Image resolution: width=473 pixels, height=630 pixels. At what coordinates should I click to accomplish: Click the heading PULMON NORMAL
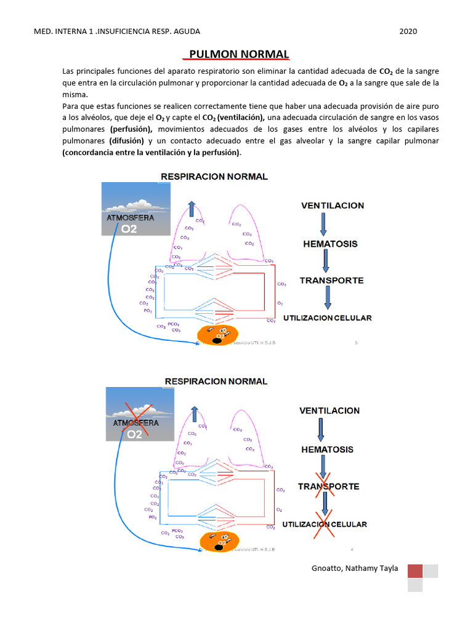click(239, 54)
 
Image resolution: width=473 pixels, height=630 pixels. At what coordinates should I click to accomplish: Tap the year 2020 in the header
click(408, 31)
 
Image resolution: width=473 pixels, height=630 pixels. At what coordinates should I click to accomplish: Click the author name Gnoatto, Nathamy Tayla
click(355, 568)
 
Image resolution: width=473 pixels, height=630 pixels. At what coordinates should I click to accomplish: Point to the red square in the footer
click(415, 572)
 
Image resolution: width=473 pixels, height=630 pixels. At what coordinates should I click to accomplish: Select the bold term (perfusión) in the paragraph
click(132, 129)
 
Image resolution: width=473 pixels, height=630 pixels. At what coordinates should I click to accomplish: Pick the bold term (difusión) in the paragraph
click(127, 141)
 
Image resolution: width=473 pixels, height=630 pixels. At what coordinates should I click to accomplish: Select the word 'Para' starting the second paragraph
click(71, 106)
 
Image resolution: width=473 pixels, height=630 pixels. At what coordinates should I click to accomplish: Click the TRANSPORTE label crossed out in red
click(328, 486)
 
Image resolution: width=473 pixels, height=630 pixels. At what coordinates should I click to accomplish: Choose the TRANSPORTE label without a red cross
click(331, 281)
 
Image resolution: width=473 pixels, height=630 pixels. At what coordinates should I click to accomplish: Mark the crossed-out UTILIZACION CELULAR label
click(325, 524)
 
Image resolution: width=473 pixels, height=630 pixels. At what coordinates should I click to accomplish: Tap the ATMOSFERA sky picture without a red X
click(135, 211)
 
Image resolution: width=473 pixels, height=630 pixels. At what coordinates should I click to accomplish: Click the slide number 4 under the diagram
click(352, 549)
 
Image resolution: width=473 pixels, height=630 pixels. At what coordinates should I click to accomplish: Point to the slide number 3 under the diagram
click(355, 343)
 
